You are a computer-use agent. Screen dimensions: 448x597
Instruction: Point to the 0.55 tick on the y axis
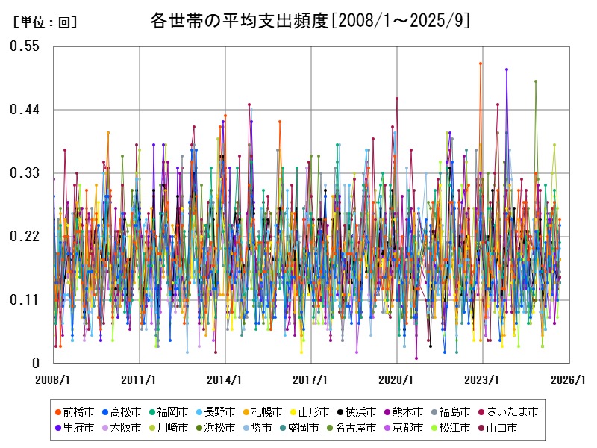coord(24,46)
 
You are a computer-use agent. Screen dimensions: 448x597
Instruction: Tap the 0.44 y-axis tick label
coord(24,110)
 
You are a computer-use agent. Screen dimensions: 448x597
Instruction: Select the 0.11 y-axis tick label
coord(24,300)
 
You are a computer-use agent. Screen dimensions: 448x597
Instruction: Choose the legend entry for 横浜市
coord(360,411)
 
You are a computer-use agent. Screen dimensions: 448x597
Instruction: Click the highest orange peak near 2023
coord(481,63)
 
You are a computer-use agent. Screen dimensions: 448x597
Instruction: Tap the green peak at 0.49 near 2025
coord(535,81)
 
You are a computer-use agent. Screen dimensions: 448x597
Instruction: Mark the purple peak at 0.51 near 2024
coord(507,69)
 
